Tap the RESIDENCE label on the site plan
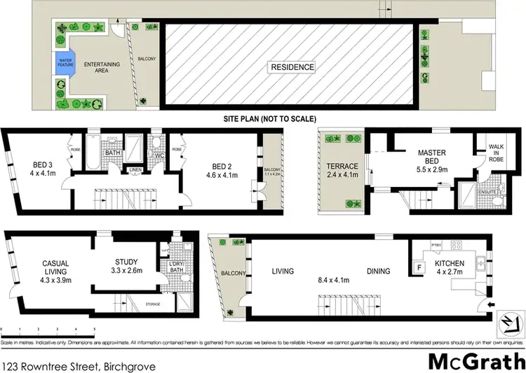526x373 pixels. [292, 67]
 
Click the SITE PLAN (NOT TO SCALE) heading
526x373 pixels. [269, 118]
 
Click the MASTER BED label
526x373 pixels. [432, 157]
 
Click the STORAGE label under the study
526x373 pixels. [153, 304]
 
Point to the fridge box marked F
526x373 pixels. [419, 267]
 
